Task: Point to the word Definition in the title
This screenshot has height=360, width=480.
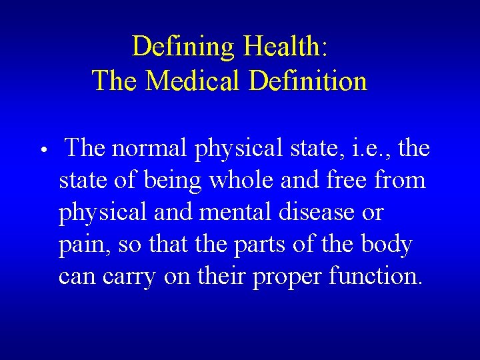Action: [x=305, y=81]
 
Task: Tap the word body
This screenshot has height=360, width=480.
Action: [x=386, y=244]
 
